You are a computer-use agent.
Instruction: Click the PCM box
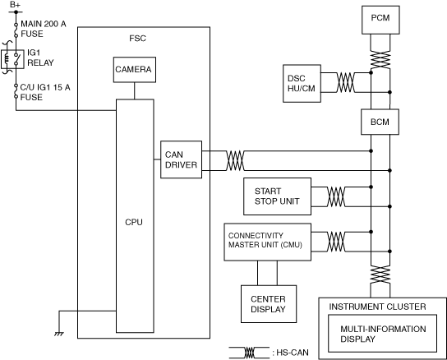click(x=380, y=20)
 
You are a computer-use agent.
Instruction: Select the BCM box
click(x=380, y=122)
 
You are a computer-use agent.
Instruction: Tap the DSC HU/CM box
click(x=302, y=83)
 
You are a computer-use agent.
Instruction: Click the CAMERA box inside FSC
click(x=135, y=70)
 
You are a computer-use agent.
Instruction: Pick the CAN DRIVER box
click(x=181, y=159)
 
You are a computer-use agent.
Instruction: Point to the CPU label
click(x=134, y=222)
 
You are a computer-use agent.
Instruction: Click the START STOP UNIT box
click(x=277, y=196)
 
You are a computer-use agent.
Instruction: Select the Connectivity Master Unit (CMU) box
click(x=267, y=242)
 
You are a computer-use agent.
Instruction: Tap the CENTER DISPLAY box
click(x=269, y=304)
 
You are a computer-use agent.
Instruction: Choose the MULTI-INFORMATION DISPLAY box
click(x=382, y=333)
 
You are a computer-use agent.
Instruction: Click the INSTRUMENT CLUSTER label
click(x=377, y=307)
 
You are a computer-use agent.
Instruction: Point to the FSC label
click(x=137, y=39)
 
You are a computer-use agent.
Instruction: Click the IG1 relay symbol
click(x=12, y=59)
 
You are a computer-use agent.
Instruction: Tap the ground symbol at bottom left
click(x=59, y=334)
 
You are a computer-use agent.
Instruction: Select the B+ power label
click(x=15, y=5)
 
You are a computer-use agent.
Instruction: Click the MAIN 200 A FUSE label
click(x=44, y=29)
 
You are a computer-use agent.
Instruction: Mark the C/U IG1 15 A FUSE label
click(x=45, y=92)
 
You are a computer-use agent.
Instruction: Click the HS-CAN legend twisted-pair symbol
click(x=250, y=353)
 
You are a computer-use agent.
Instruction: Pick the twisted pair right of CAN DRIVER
click(x=235, y=160)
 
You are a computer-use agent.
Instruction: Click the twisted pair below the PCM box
click(x=380, y=60)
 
